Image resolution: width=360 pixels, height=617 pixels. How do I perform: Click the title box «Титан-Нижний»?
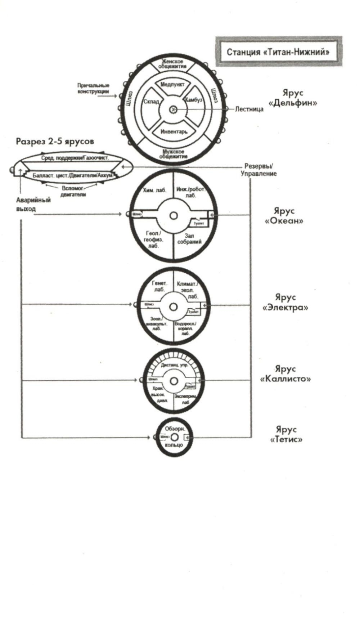coord(278,52)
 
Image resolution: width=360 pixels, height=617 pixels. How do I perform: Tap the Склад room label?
coord(151,102)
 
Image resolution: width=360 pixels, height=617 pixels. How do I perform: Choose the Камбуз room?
coord(194,100)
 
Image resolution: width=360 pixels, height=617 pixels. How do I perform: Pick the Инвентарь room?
coord(174,131)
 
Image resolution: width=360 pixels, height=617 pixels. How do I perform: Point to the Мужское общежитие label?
coord(173,154)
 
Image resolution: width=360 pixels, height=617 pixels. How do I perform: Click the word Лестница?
coord(249,109)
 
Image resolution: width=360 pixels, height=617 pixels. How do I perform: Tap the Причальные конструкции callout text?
coord(93,89)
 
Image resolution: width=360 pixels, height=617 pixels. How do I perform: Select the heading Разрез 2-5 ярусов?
coord(55,141)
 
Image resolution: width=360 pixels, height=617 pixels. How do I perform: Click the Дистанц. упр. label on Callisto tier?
coord(174,365)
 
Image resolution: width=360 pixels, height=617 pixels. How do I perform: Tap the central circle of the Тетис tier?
coord(174,437)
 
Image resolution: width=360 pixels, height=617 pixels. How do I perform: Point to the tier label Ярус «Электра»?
coord(285,303)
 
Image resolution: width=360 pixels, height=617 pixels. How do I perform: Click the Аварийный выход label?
coord(33,204)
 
